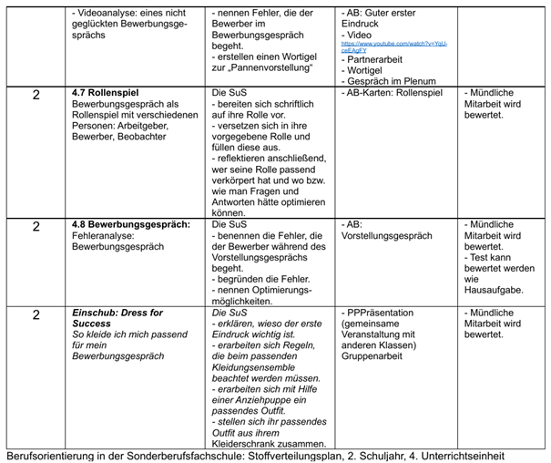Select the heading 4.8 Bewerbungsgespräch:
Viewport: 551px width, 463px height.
[x=130, y=224]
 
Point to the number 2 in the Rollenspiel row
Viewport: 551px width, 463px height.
[x=36, y=95]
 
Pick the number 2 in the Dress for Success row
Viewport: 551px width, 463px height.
[x=36, y=315]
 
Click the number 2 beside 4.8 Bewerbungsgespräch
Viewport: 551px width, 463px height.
[x=36, y=226]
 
